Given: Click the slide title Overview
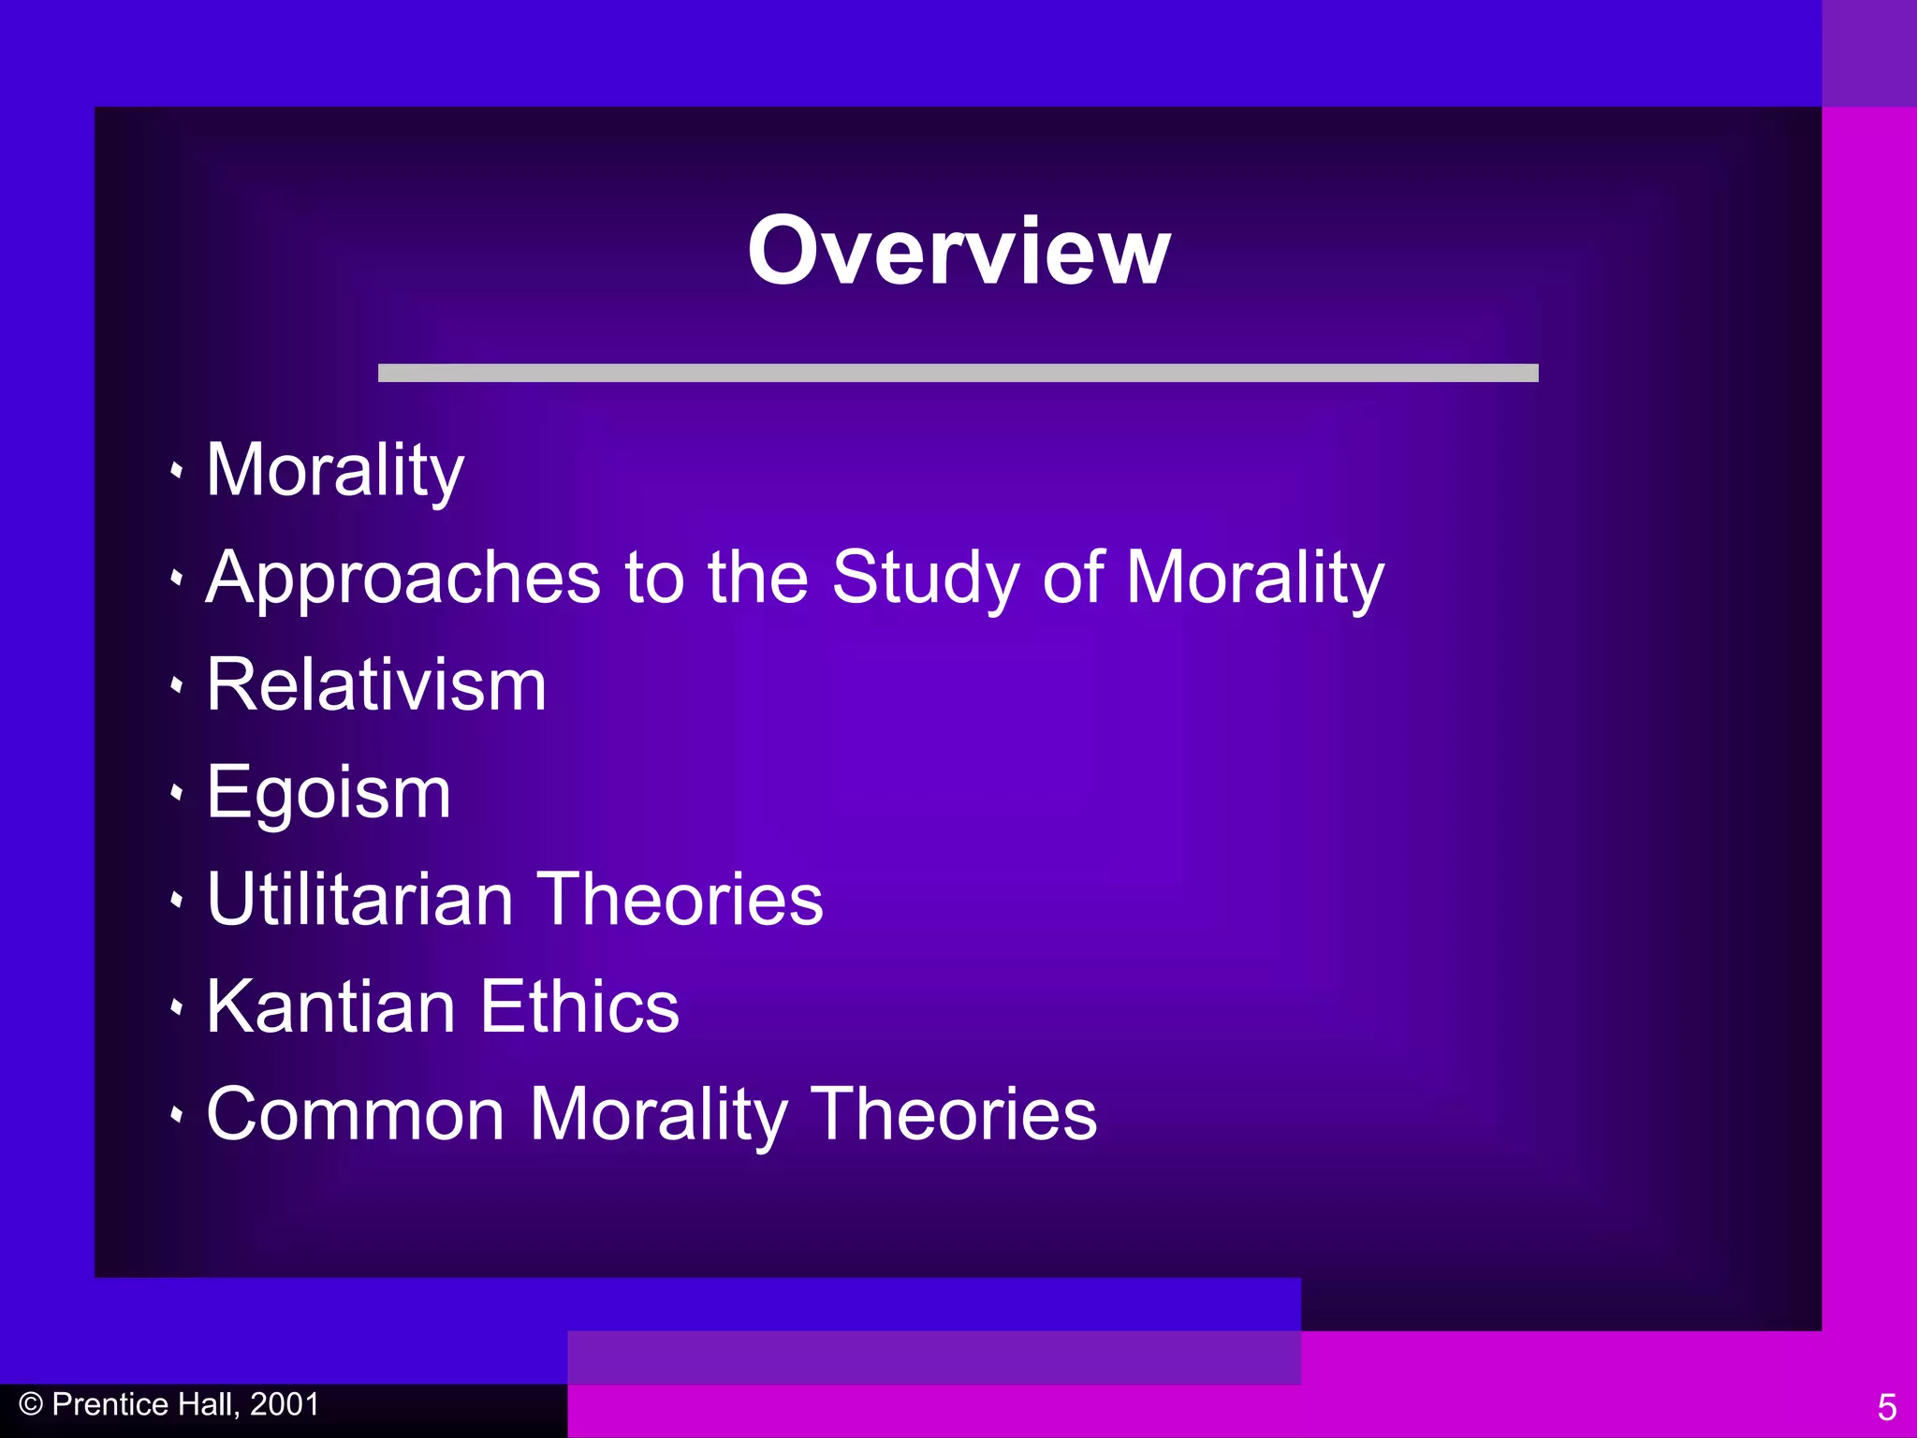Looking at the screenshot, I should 958,251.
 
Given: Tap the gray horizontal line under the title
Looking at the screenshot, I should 958,373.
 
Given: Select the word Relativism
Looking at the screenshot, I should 376,685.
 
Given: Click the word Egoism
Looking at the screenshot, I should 329,793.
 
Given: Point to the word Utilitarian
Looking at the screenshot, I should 359,900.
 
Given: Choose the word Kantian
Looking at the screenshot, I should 330,1006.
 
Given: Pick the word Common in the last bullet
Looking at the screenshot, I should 356,1114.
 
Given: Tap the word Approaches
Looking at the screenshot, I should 402,579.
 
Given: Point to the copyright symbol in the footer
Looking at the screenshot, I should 31,1404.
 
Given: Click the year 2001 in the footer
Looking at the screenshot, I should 285,1404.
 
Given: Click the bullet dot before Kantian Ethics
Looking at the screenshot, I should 176,1008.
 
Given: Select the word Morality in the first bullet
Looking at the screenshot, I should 335,471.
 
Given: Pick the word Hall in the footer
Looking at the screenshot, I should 208,1404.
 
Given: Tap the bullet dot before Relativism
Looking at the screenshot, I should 176,686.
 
